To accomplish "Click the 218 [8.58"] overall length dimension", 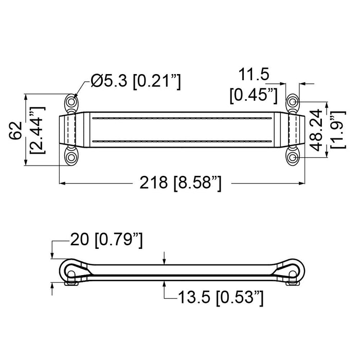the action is [181, 183].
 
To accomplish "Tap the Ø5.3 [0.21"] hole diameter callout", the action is [136, 81].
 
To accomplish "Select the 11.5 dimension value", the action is [254, 75].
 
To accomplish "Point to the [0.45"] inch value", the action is [254, 95].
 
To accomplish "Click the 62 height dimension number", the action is [16, 131].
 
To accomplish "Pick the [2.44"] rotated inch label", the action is [38, 130].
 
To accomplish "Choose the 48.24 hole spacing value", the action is [316, 130].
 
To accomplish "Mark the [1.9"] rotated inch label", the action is [337, 130].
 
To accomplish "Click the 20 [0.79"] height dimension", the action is [106, 240].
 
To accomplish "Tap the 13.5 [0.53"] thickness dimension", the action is [221, 298].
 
